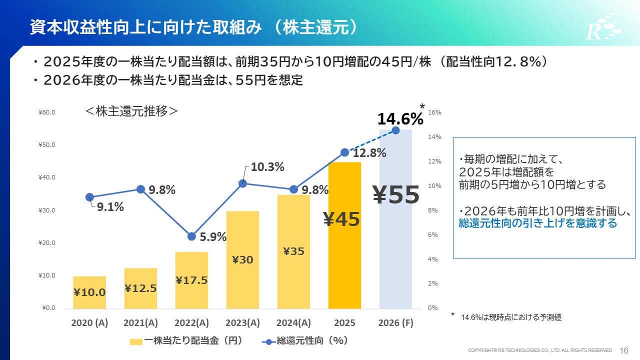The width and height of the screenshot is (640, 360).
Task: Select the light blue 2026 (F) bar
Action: (x=395, y=250)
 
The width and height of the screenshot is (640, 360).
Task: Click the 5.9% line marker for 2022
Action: (x=191, y=236)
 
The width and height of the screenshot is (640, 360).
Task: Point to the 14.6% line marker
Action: (x=395, y=130)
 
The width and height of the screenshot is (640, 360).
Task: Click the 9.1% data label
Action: (x=110, y=206)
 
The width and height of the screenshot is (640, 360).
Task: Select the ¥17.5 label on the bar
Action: (x=191, y=280)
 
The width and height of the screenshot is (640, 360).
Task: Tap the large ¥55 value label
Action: (x=396, y=195)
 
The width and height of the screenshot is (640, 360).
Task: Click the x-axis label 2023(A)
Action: (x=242, y=322)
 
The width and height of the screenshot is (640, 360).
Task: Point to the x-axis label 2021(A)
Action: (x=140, y=322)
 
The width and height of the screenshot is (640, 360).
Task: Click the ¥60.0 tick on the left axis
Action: (x=47, y=112)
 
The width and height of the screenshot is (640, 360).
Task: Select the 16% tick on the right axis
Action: (x=435, y=112)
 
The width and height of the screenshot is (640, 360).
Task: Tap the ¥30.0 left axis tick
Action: (x=47, y=210)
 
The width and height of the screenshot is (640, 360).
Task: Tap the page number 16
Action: (x=624, y=350)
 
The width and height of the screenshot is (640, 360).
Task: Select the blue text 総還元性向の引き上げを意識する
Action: (x=538, y=223)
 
